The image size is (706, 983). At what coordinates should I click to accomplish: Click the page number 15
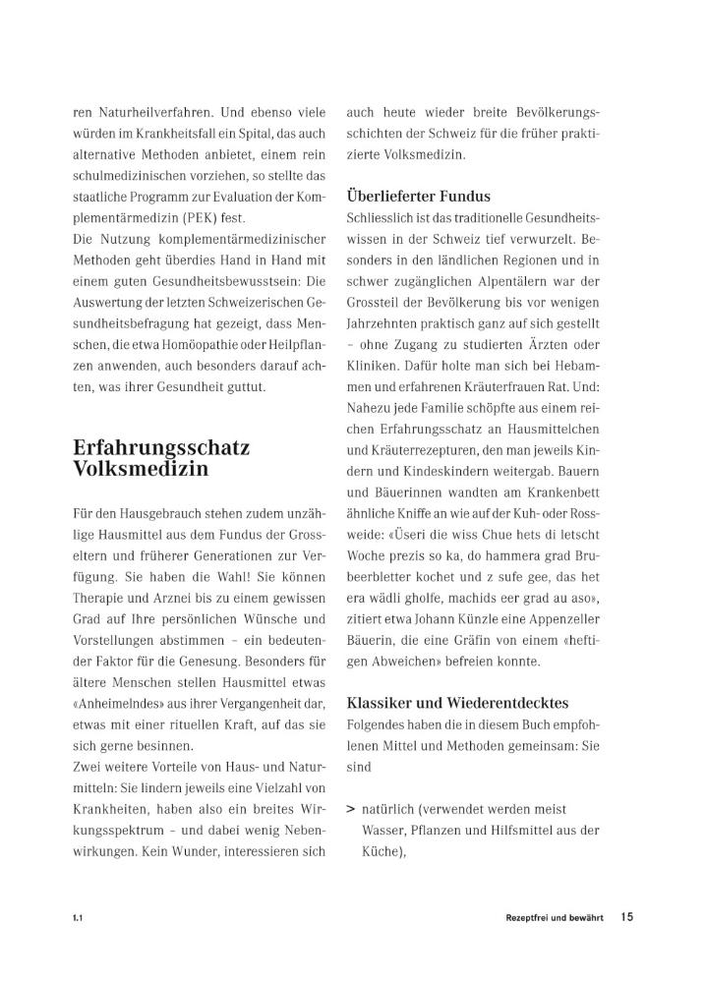pos(626,917)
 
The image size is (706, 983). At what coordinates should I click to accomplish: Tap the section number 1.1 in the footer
pos(77,918)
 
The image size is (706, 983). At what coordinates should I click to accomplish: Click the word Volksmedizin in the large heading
pos(141,469)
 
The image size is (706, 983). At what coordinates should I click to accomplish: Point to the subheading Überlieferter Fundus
pos(418,196)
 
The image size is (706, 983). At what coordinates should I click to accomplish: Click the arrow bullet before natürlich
pos(350,809)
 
